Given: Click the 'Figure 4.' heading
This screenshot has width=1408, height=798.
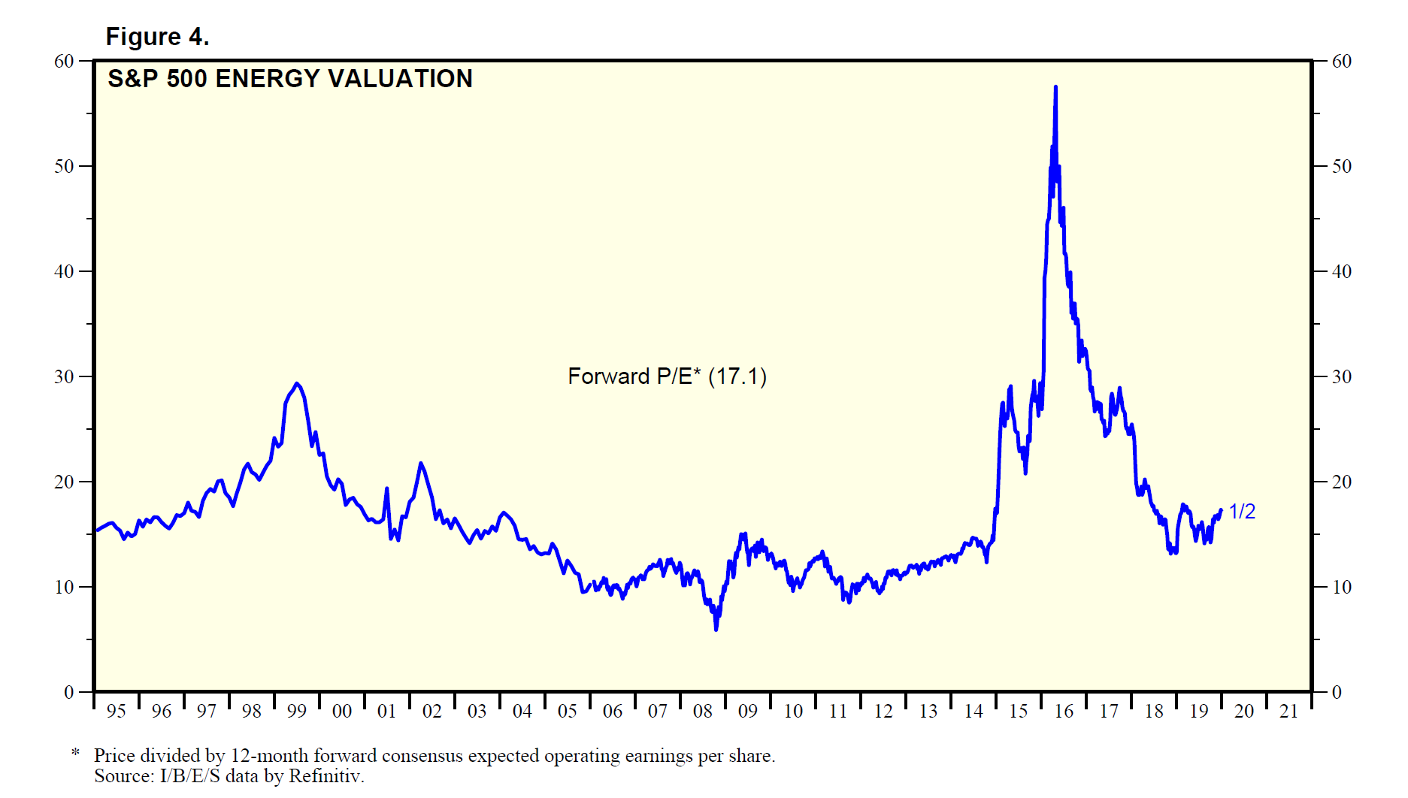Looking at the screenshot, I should coord(157,37).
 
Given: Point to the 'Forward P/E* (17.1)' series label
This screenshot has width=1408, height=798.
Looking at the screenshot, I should coord(667,376).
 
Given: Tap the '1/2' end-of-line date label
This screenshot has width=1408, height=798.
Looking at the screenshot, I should coord(1242,512).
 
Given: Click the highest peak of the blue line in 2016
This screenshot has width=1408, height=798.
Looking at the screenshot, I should coord(1055,87).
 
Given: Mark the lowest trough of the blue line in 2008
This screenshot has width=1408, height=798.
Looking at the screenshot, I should coord(716,629).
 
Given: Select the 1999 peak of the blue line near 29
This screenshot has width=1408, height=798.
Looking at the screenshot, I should coord(297,384).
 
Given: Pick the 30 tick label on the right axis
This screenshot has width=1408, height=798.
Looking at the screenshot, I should coord(1341,377).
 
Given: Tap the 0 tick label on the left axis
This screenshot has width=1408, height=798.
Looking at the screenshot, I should coord(69,693).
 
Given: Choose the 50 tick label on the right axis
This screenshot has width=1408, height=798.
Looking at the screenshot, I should coord(1341,167).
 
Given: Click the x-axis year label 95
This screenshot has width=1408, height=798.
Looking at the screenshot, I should coord(117,711).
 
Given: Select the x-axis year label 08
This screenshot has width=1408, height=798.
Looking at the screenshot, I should coord(703,711).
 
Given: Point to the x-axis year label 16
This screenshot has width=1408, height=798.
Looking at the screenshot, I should coord(1064,711).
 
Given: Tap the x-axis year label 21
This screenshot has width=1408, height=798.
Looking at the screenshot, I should coord(1289,711).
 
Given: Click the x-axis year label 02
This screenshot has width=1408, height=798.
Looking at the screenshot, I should coord(432,711).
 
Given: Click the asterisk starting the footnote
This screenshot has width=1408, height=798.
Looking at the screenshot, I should coord(75,753).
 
